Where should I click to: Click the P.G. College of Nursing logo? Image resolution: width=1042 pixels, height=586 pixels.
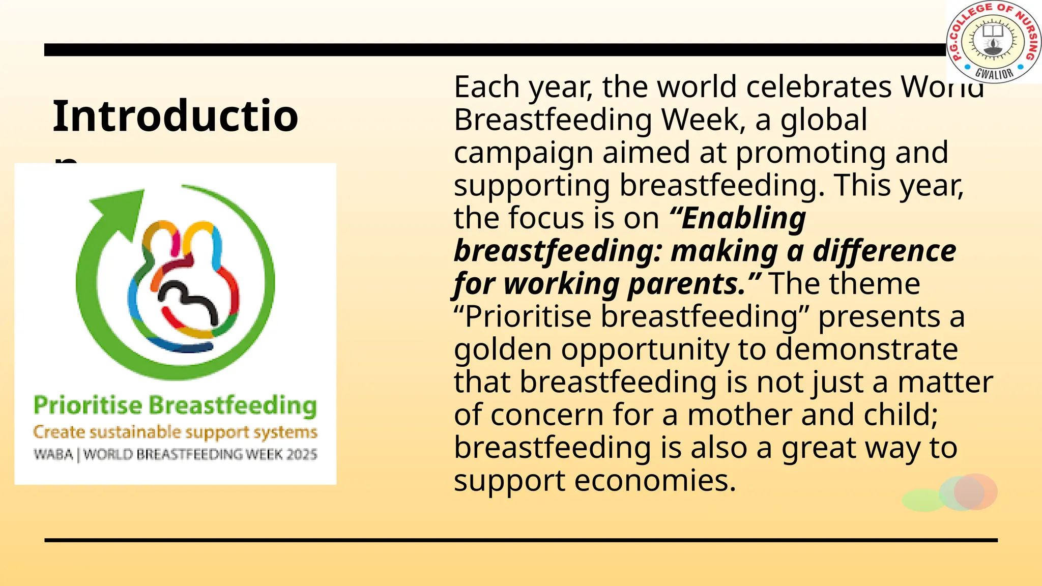click(x=994, y=41)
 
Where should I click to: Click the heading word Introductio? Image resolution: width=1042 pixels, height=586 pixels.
click(x=175, y=116)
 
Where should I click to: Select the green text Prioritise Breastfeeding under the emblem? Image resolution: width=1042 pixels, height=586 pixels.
click(x=175, y=405)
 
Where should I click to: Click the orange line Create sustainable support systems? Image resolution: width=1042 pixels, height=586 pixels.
click(x=175, y=432)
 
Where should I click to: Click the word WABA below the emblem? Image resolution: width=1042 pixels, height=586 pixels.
click(x=53, y=454)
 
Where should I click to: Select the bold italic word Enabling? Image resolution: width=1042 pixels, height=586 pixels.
click(x=743, y=218)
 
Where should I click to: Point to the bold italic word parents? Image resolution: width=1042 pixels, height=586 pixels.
click(x=687, y=284)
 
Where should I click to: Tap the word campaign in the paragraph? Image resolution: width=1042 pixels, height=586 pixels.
click(x=524, y=153)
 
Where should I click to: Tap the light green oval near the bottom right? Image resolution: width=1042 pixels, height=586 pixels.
click(x=922, y=500)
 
